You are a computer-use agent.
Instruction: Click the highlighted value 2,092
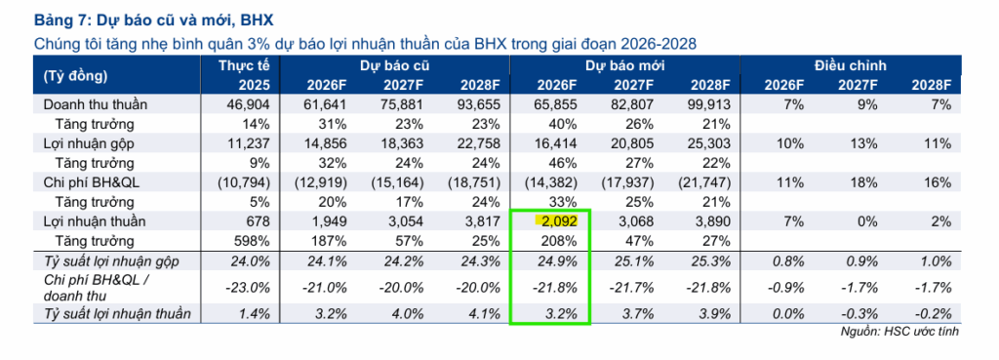555,221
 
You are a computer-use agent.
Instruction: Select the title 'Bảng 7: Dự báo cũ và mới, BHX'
153,20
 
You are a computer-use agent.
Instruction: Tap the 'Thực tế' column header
245,65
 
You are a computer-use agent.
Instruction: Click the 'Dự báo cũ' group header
394,65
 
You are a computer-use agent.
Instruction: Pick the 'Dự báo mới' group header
623,65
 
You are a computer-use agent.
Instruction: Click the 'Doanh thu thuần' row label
95,104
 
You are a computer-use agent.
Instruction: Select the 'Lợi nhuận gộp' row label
88,143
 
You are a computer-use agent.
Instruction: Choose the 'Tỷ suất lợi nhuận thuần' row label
117,313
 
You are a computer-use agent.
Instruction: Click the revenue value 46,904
249,104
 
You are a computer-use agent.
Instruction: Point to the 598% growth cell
256,241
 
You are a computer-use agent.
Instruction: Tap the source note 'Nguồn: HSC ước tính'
899,332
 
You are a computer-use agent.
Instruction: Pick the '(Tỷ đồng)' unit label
75,75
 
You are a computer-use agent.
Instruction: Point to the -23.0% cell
249,288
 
